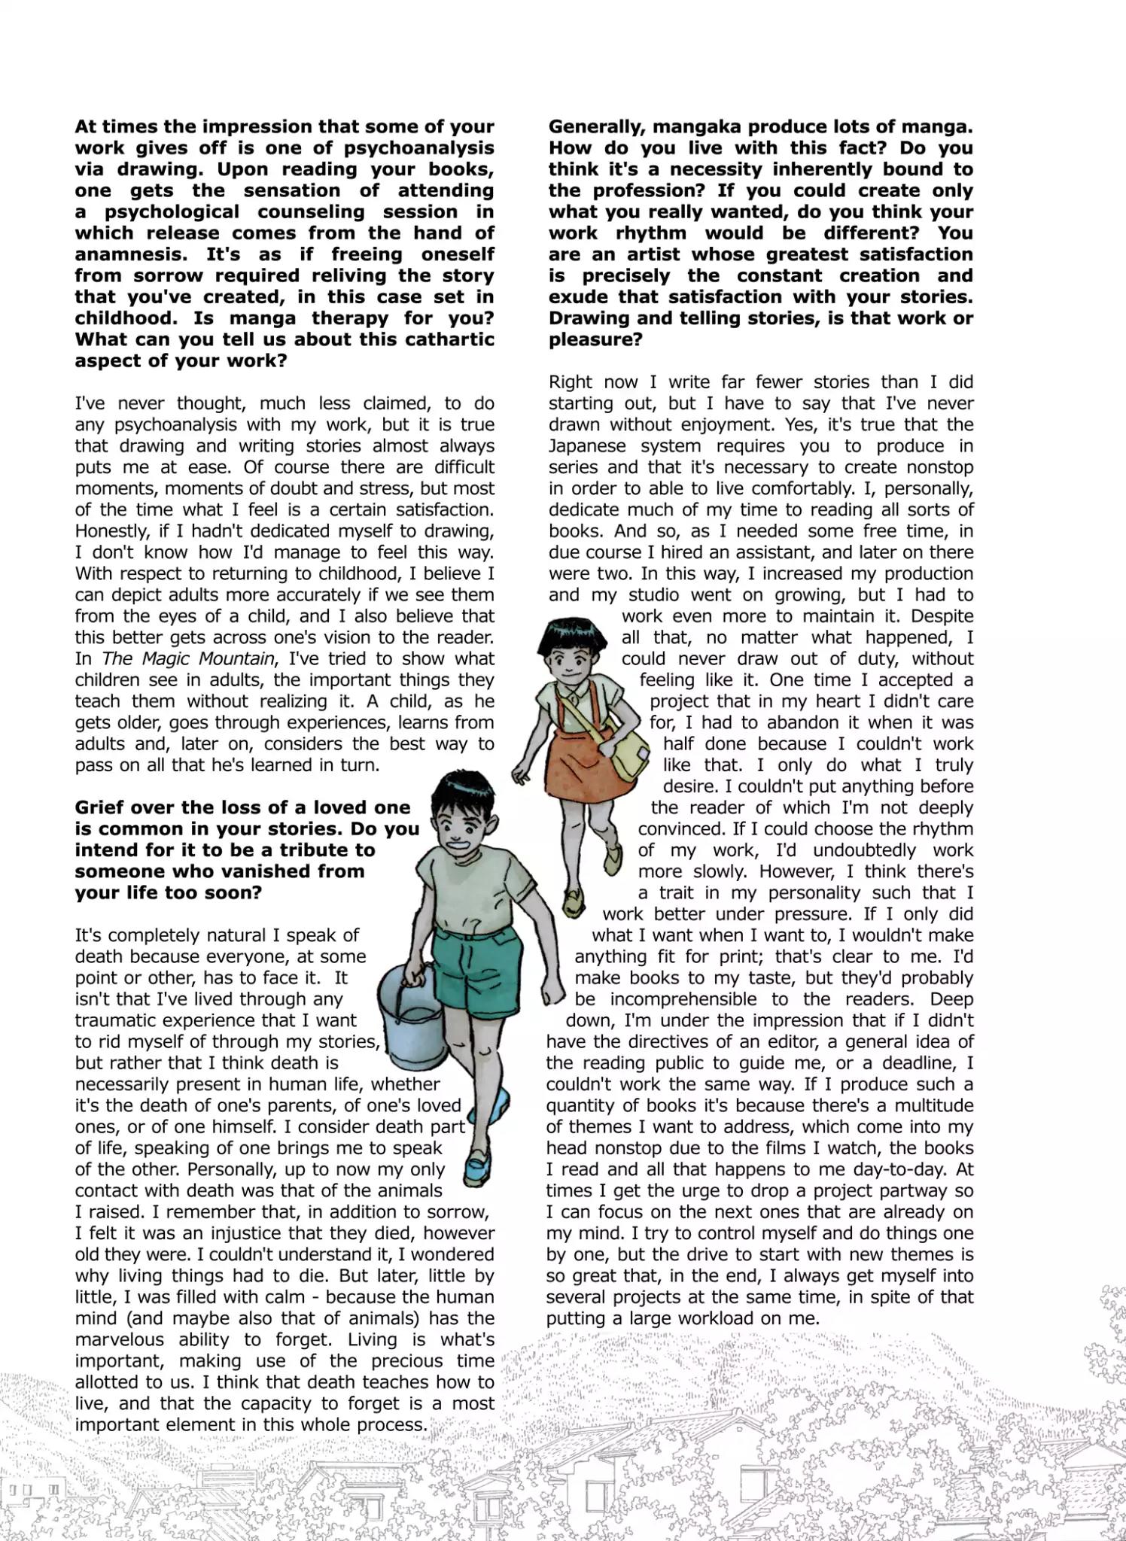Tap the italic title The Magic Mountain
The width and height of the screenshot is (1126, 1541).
coord(187,658)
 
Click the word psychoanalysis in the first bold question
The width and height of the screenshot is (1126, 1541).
coord(418,147)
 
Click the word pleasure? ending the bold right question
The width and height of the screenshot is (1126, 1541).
coord(595,339)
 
